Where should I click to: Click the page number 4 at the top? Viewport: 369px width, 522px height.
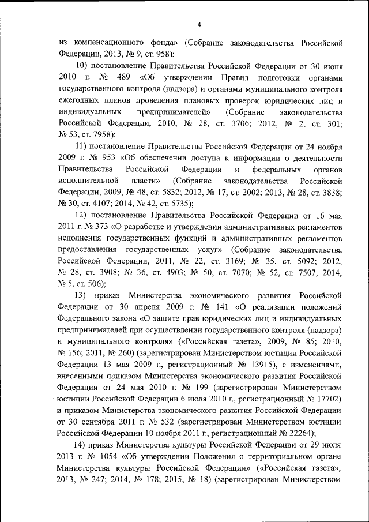(198, 24)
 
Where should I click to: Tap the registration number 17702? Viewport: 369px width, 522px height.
(329, 398)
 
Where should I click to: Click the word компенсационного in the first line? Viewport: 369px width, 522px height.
(104, 43)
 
